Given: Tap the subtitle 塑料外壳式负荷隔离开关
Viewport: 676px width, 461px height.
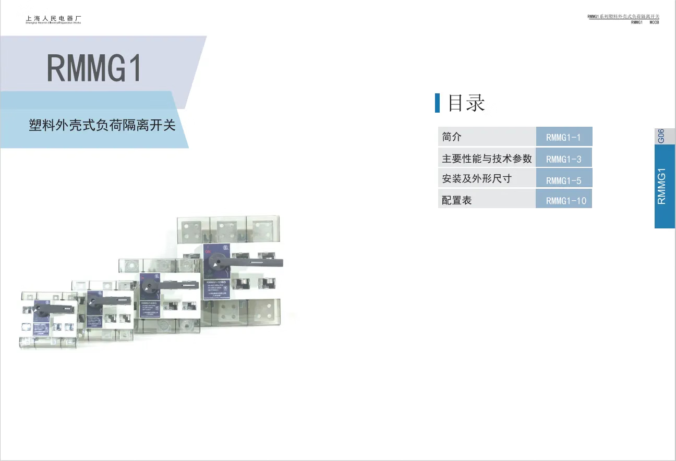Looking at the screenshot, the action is tap(102, 126).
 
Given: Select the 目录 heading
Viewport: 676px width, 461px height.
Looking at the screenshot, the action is tap(466, 103).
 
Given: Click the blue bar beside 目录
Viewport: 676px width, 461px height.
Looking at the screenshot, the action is tap(438, 103).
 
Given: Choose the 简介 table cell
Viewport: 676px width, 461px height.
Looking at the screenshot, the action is tap(452, 137).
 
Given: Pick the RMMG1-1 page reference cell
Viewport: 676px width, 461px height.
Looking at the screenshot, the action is tap(563, 138).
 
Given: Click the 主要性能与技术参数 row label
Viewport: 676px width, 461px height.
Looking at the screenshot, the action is tap(487, 158).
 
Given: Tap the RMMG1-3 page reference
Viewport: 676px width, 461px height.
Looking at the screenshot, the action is tap(563, 159).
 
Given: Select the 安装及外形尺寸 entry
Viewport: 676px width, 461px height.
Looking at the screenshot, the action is tap(477, 179).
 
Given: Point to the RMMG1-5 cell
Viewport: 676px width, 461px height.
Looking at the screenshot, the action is tap(563, 180).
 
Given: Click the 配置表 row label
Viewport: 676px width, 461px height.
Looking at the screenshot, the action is tap(457, 200).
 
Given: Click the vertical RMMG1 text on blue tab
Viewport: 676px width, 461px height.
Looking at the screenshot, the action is tap(661, 186).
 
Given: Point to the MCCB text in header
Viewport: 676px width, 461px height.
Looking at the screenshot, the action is tap(654, 22).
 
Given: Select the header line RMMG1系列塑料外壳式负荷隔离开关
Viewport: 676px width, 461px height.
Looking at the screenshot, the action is tap(623, 17).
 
